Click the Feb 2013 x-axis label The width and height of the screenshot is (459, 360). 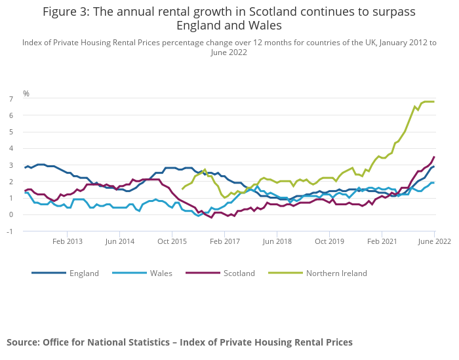click(68, 241)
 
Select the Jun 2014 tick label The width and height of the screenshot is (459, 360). click(119, 241)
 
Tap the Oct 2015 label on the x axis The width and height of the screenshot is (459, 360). click(172, 241)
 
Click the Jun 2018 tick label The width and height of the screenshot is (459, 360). click(277, 241)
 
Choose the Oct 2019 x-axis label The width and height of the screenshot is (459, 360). click(329, 241)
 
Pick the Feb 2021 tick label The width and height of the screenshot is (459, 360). click(382, 241)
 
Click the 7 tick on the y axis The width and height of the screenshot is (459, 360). click(11, 99)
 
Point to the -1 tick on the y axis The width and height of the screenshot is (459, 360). click(10, 231)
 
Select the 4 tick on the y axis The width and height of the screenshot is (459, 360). click(11, 148)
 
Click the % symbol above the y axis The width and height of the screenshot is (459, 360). click(26, 94)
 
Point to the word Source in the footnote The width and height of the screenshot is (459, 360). click(23, 342)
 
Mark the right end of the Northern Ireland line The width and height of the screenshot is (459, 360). click(434, 102)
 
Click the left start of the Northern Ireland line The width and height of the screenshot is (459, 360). click(182, 189)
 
